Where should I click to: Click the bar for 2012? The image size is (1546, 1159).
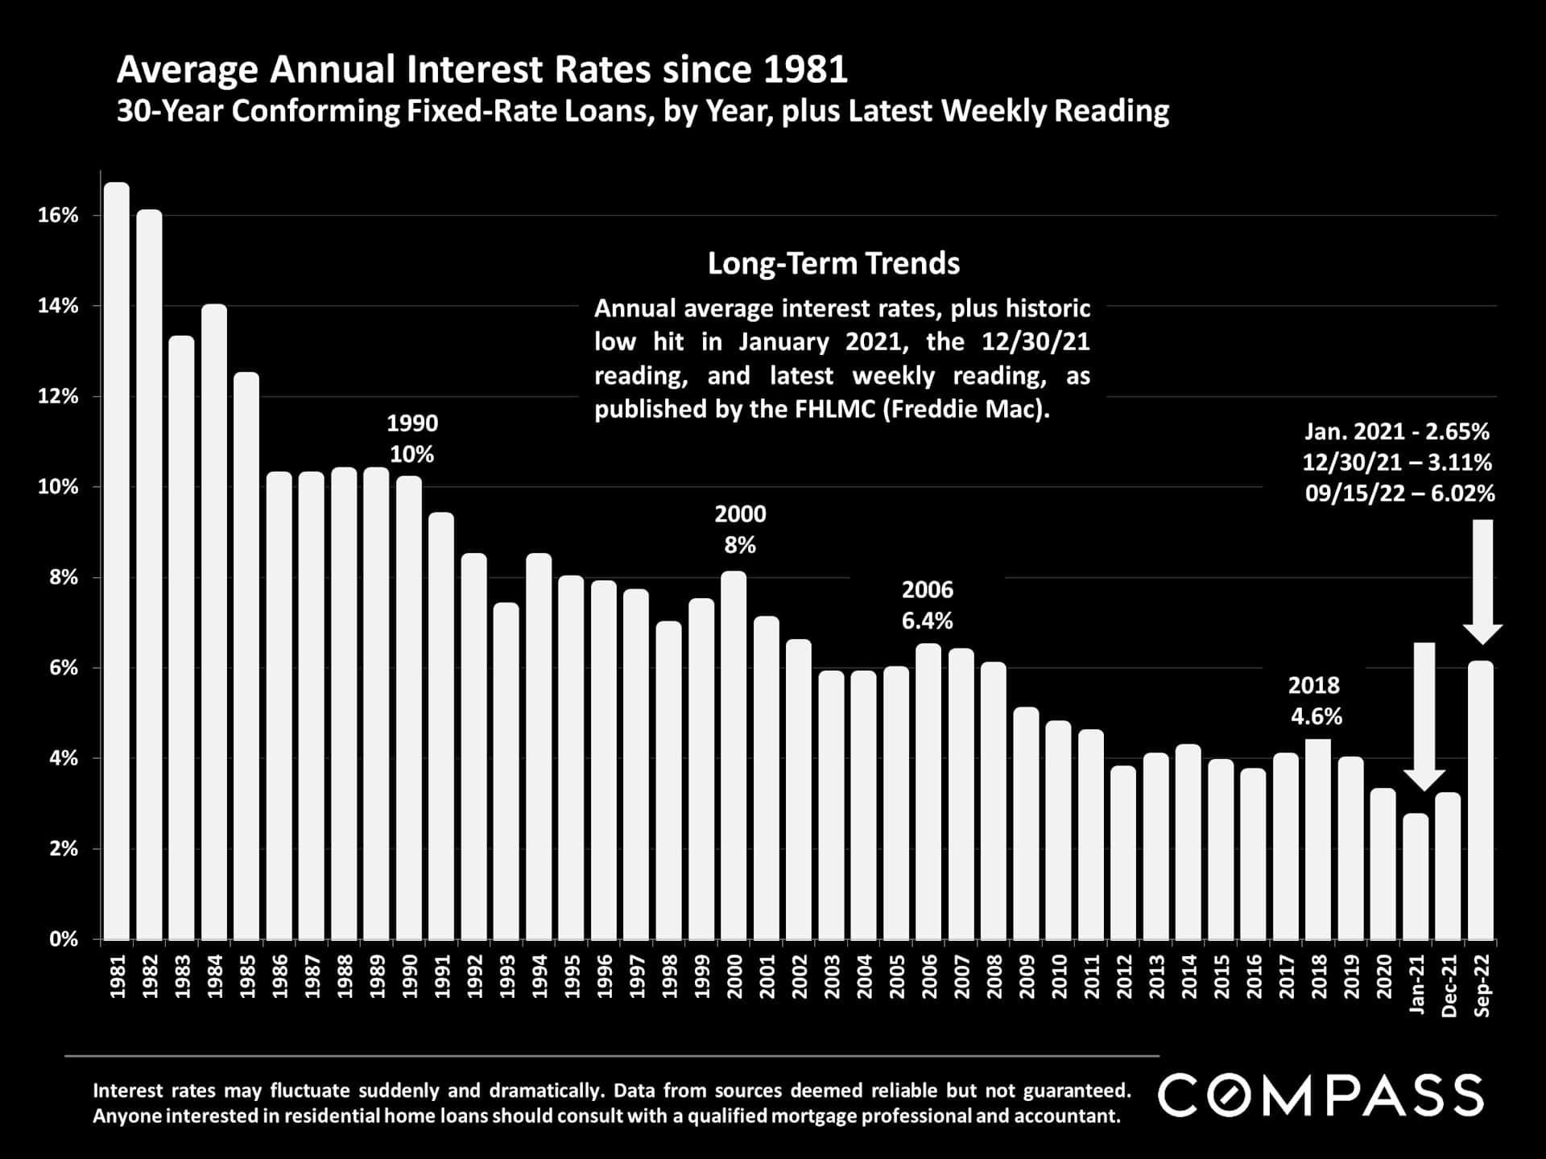point(1123,852)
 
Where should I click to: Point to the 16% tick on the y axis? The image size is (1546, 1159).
point(58,216)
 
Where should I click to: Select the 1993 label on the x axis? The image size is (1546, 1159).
point(507,976)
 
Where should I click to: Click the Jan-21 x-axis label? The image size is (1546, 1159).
point(1416,984)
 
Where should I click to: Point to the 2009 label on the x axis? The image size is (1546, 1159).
point(1027,976)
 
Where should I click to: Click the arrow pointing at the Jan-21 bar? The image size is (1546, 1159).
point(1424,716)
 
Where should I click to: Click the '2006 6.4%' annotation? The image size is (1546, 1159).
point(927,605)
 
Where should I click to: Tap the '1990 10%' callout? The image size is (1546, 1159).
point(412,439)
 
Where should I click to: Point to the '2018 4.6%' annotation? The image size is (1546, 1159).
point(1315,701)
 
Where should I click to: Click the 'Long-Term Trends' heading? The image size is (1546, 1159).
point(833,264)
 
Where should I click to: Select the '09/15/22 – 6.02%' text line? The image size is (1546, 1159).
point(1399,493)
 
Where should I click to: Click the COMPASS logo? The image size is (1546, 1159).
point(1321,1095)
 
